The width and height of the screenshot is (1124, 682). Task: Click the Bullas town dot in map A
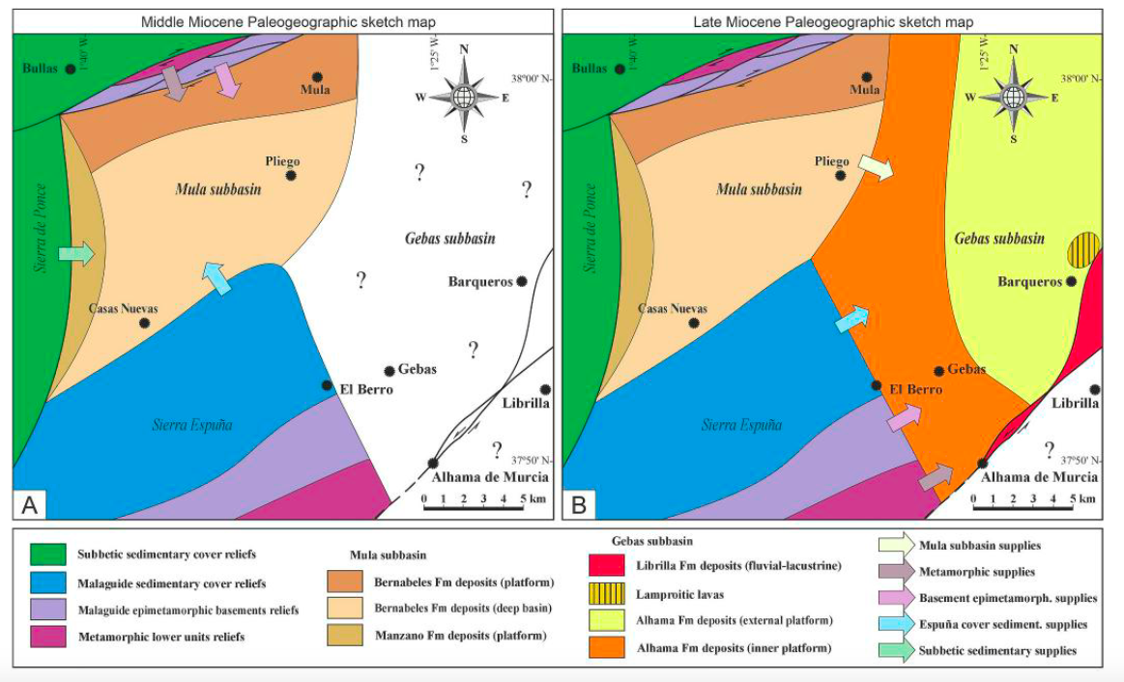[x=70, y=69]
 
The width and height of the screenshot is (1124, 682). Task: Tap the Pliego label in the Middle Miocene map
[x=282, y=161]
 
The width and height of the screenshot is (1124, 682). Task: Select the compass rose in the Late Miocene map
[x=1013, y=96]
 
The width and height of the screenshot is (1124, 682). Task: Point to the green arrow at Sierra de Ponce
[x=76, y=253]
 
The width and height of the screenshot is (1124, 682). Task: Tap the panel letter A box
[x=29, y=503]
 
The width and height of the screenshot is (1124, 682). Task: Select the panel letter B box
[x=580, y=503]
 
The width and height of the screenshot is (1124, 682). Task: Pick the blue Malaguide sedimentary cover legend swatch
[x=47, y=583]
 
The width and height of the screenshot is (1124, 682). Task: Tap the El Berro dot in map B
[x=876, y=385]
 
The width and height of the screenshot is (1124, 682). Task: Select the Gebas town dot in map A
[x=389, y=371]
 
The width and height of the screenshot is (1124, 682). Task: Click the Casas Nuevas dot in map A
[x=144, y=324]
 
